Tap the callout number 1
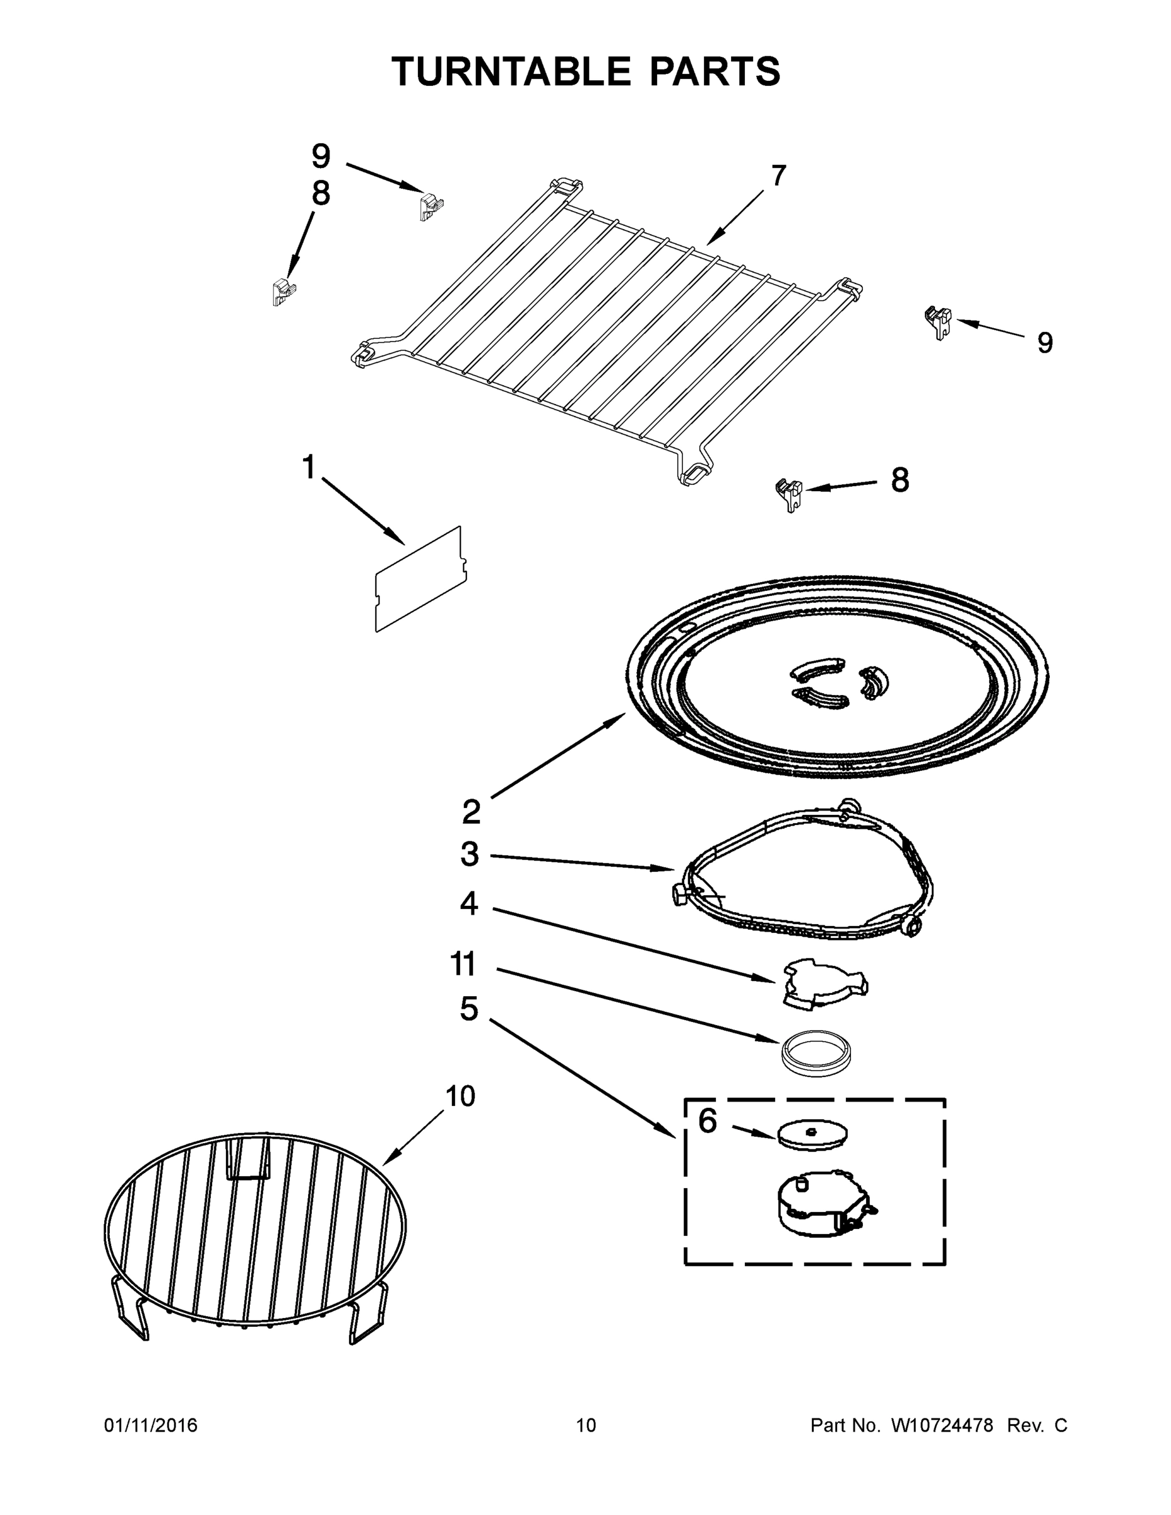pyautogui.click(x=309, y=468)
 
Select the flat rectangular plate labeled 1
pyautogui.click(x=420, y=579)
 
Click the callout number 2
pyautogui.click(x=471, y=812)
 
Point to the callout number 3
pyautogui.click(x=470, y=855)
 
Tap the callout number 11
pyautogui.click(x=463, y=964)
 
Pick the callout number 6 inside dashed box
pyautogui.click(x=707, y=1121)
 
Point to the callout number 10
pyautogui.click(x=460, y=1096)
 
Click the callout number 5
pyautogui.click(x=469, y=1009)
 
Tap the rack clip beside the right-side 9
pyautogui.click(x=939, y=322)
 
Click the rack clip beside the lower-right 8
pyautogui.click(x=788, y=493)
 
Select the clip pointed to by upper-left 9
pyautogui.click(x=430, y=206)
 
